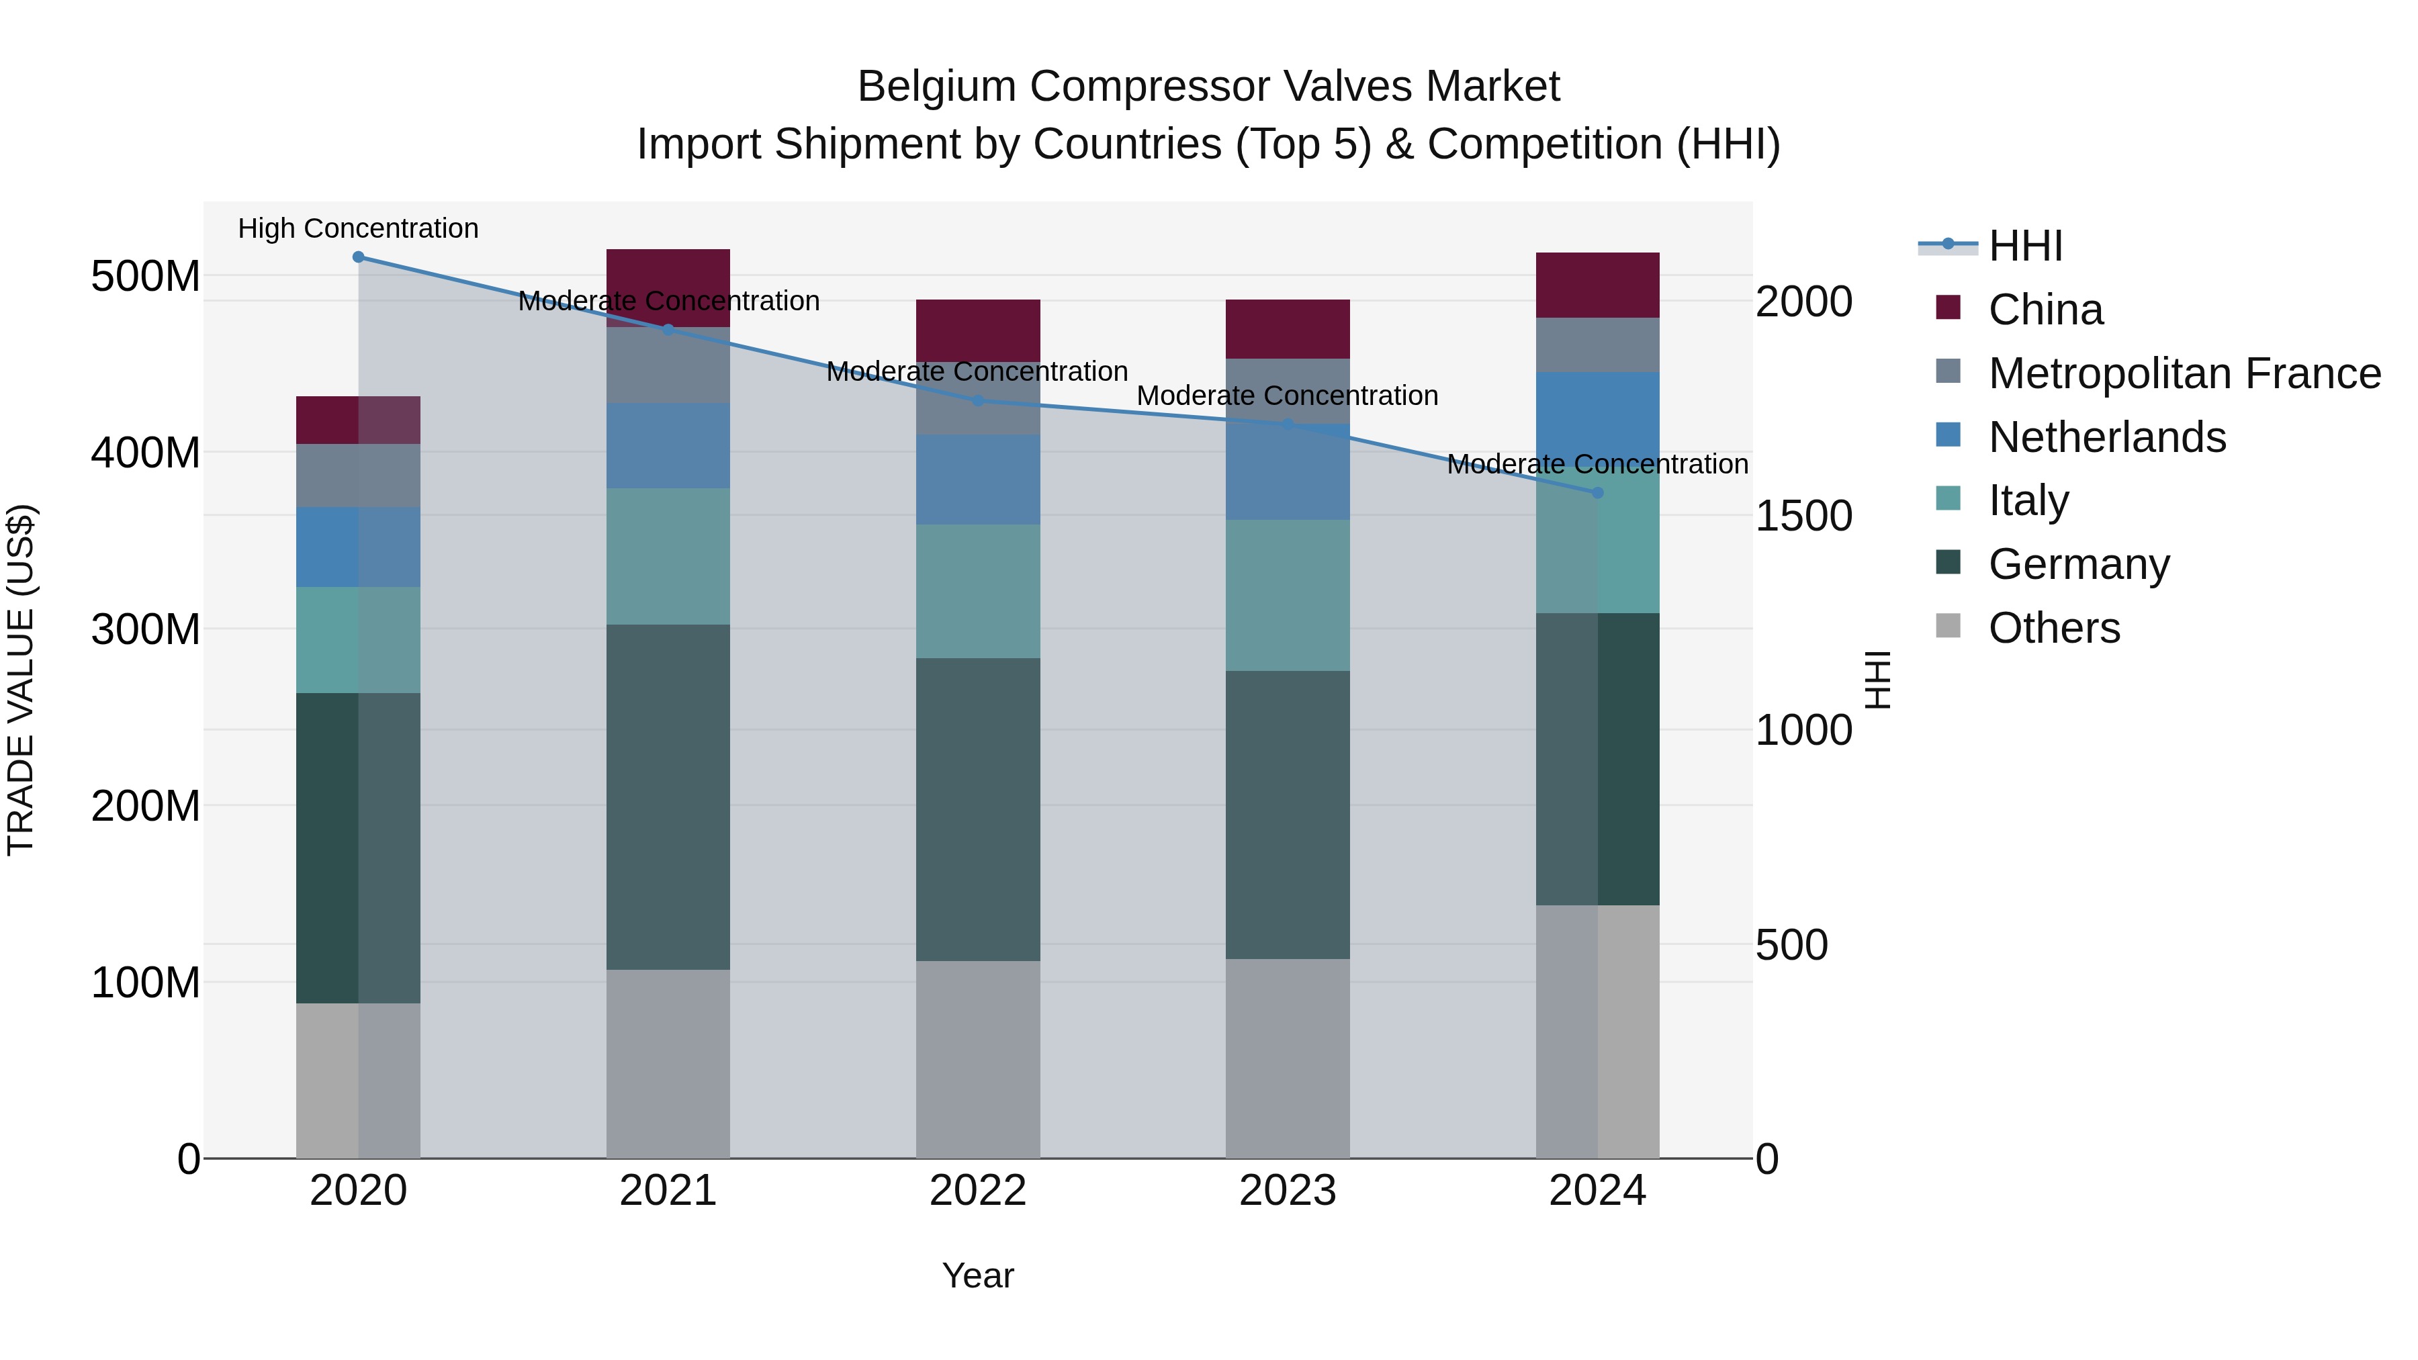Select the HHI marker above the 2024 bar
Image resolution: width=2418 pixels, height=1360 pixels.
pos(1598,493)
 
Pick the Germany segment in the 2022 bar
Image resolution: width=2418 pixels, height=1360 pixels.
pos(977,809)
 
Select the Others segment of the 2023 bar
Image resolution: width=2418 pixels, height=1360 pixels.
pos(1287,1058)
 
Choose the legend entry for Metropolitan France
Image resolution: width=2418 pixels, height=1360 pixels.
pos(2184,373)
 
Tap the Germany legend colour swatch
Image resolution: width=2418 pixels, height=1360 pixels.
pos(1948,563)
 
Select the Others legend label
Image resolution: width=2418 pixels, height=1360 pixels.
pos(2054,628)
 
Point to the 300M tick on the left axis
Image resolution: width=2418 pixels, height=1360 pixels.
pos(146,629)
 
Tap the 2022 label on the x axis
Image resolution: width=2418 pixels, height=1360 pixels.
pos(977,1191)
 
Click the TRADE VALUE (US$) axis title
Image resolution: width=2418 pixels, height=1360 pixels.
pos(21,680)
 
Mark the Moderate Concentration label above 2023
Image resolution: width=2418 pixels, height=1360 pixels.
pos(1287,396)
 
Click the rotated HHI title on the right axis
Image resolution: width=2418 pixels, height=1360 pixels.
pos(1877,680)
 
